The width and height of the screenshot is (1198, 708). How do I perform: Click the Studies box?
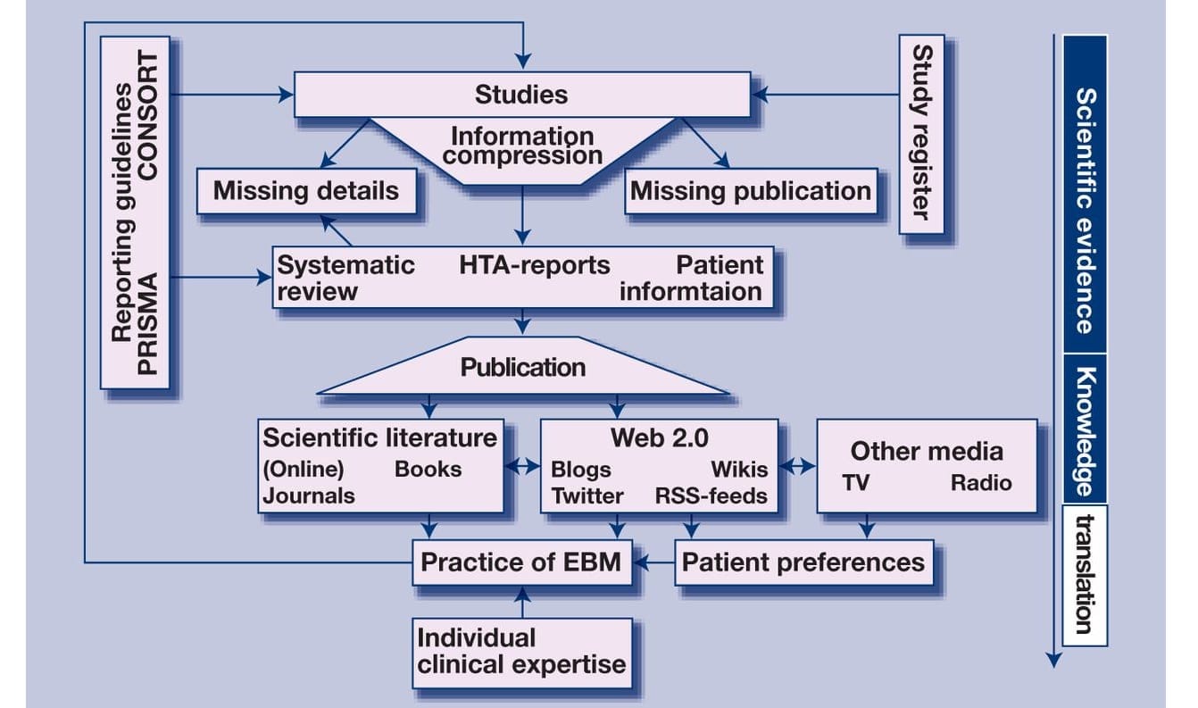coord(521,94)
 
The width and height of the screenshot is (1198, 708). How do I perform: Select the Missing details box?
coord(306,190)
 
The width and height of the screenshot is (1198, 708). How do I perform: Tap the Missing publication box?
coord(750,190)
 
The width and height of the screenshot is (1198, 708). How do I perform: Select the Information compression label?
coord(523,146)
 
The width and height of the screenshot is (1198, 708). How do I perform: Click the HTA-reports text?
coord(536,265)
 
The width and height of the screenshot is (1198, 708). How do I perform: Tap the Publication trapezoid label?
coord(523,367)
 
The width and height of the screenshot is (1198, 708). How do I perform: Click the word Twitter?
coord(587,496)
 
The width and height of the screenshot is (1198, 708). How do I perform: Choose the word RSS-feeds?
coord(711,496)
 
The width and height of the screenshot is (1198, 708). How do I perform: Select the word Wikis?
coord(738,470)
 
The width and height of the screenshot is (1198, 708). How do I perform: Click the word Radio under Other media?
coord(980,483)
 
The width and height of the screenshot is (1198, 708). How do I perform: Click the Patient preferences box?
coord(803,562)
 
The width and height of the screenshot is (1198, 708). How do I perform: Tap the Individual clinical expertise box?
coord(522,651)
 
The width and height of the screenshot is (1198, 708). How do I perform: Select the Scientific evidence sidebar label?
coord(1084,210)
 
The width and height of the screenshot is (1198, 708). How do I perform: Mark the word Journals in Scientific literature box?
coord(309,496)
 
